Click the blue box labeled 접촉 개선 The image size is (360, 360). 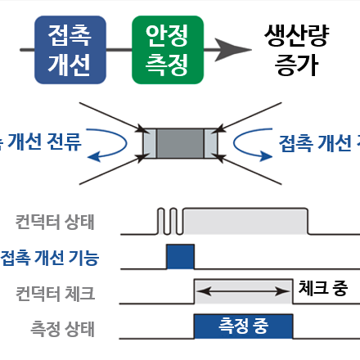pos(70,50)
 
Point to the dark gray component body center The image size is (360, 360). pos(180,143)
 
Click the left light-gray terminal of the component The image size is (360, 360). pos(148,143)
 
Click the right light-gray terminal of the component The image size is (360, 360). pos(212,143)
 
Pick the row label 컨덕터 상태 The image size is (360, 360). pos(55,221)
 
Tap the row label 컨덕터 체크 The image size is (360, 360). pos(55,293)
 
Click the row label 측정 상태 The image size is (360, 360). pos(61,330)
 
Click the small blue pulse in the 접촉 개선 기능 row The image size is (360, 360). pos(181,256)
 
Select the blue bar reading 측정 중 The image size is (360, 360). pos(243,326)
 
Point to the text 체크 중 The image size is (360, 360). pos(324,288)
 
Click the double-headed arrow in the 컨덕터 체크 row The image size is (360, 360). pos(243,289)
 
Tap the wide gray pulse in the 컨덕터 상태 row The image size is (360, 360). pos(245,221)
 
